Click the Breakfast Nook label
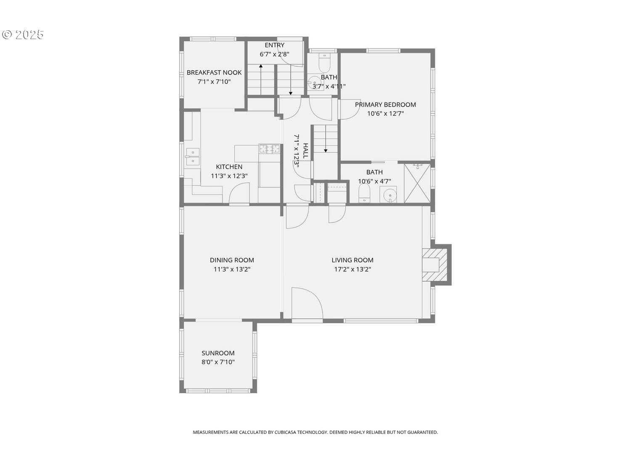(x=214, y=72)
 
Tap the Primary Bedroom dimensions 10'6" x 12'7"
(x=385, y=114)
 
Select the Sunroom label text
(x=218, y=353)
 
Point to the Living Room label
(x=353, y=260)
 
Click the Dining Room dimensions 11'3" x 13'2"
(x=232, y=269)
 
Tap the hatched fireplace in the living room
(x=435, y=265)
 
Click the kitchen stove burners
(x=269, y=148)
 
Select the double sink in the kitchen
(x=193, y=157)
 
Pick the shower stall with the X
(x=417, y=183)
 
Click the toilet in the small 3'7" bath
(x=324, y=63)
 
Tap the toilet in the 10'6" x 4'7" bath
(x=364, y=193)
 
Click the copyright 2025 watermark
(x=23, y=34)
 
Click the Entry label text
(x=275, y=45)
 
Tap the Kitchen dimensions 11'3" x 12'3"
(x=229, y=176)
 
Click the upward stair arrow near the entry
(x=261, y=79)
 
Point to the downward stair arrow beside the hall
(x=326, y=138)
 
